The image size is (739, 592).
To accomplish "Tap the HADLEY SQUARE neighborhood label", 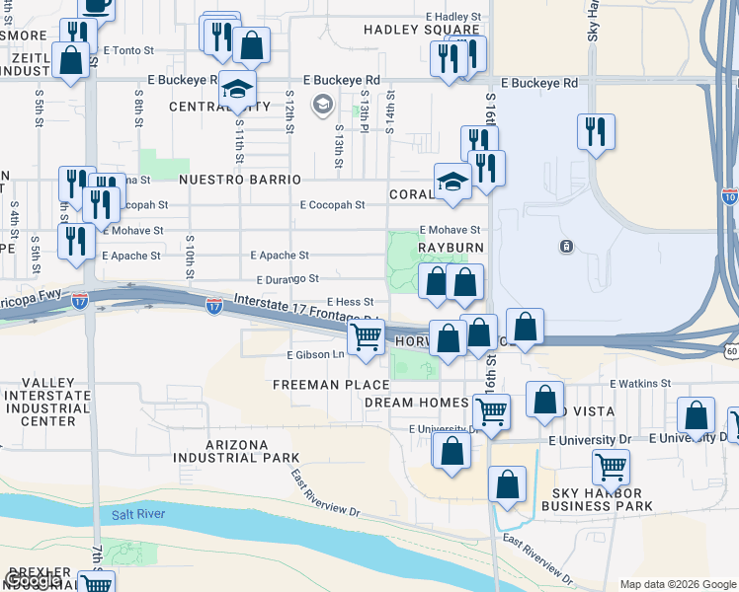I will [x=407, y=30].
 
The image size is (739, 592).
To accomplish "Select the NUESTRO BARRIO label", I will [x=239, y=180].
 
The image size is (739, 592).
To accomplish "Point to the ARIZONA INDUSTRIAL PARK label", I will [x=250, y=451].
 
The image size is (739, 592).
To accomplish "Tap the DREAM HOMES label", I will [x=430, y=403].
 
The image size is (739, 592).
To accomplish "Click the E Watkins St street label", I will [x=640, y=383].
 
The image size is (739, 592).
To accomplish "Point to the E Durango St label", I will [x=287, y=280].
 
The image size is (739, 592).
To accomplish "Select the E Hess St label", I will [x=350, y=302].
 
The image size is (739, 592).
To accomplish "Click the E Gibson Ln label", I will [x=316, y=354].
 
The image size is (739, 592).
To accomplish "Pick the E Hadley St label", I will [x=453, y=17].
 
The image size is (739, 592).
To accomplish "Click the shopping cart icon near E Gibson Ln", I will [x=367, y=336].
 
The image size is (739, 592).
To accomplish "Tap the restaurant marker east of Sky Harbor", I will [x=595, y=131].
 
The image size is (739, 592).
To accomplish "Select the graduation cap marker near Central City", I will [x=237, y=89].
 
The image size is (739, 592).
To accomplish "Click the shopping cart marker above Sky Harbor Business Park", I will [x=612, y=466].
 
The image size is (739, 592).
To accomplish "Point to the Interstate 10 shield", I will [x=729, y=197].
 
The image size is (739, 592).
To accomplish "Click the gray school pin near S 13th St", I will [x=322, y=104].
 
